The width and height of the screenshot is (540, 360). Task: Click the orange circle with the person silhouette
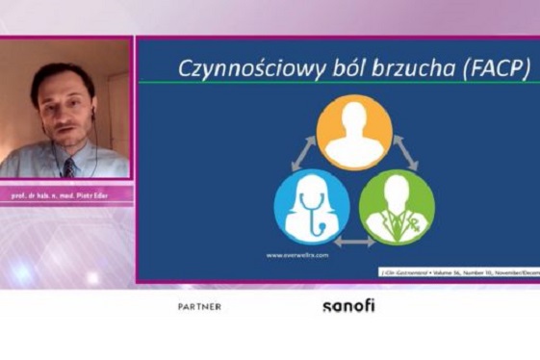coord(354,132)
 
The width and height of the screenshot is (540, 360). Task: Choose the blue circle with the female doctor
coord(312,206)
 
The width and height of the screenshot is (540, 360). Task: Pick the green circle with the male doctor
coord(397,206)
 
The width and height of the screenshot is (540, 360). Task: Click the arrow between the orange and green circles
coord(407,153)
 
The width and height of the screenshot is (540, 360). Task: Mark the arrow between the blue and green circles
coord(354,242)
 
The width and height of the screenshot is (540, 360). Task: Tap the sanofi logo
coord(348,305)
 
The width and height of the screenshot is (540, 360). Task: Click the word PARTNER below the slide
coord(199,307)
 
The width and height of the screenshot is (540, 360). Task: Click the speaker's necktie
coord(69,167)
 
